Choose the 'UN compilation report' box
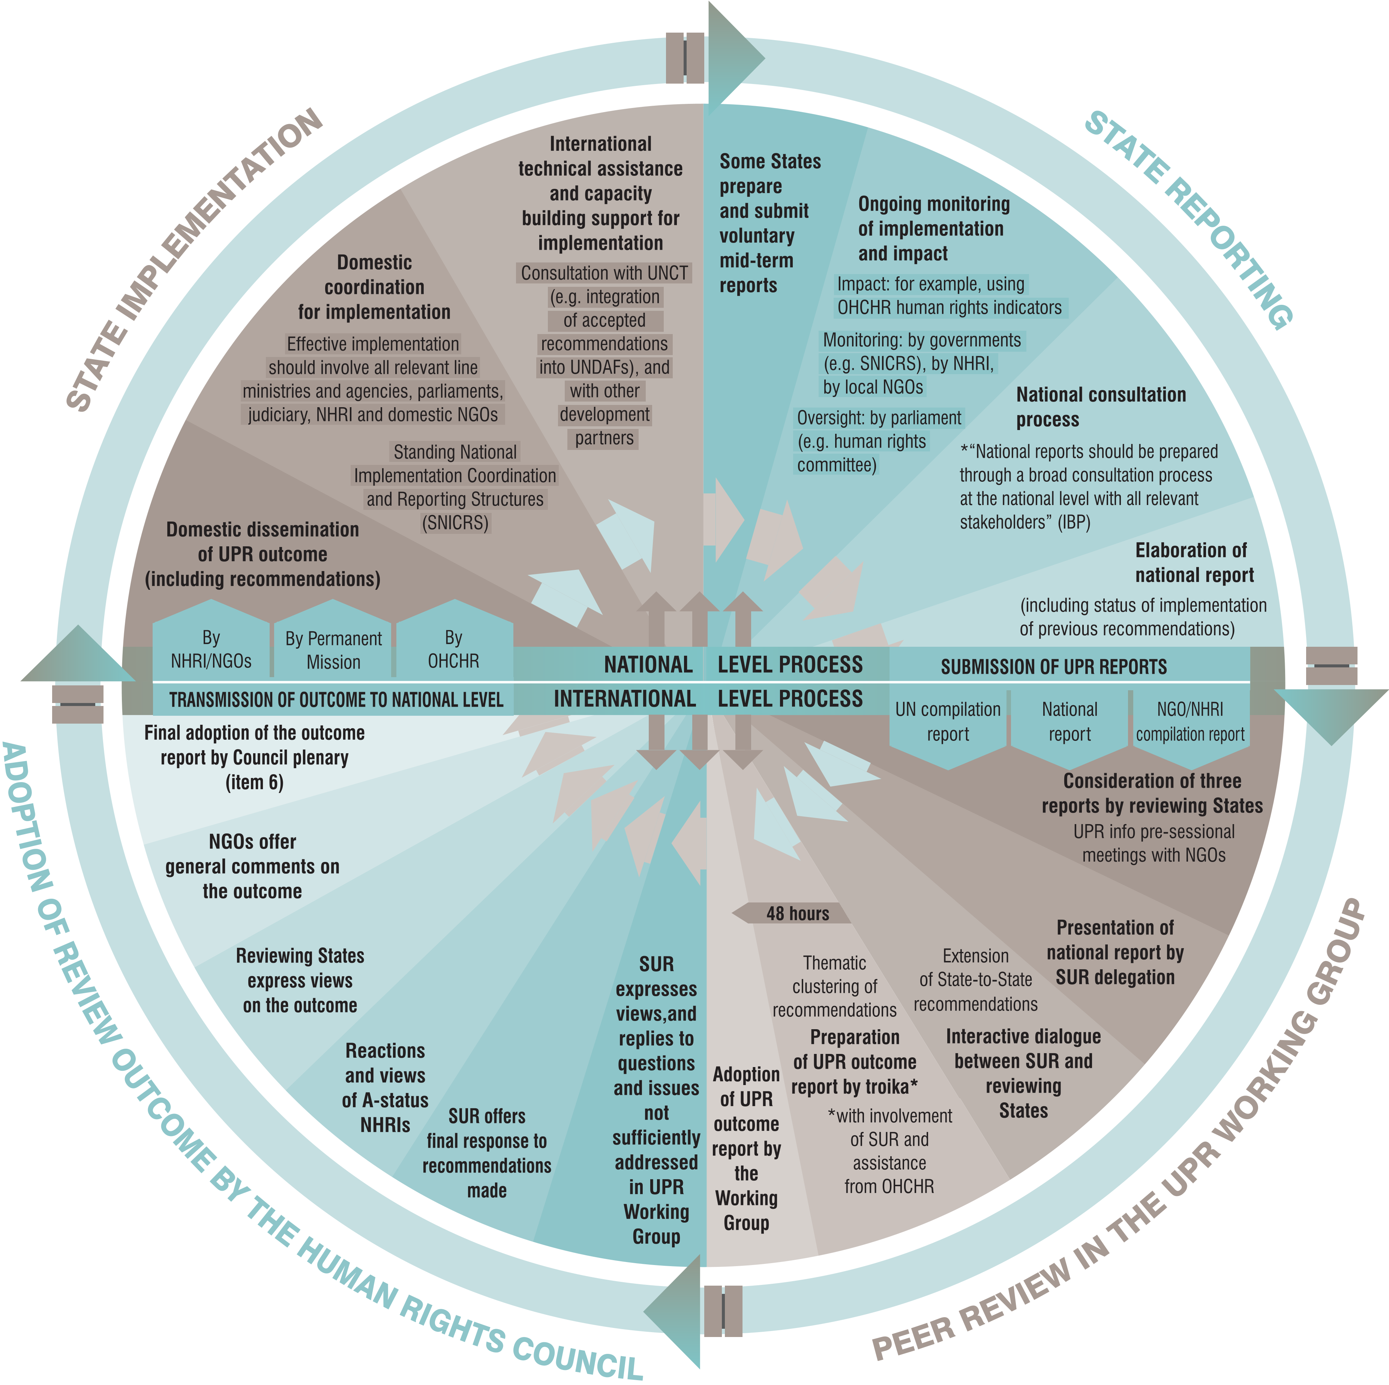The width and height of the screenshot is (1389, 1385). (948, 723)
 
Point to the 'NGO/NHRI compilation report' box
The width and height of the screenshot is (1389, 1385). (1190, 723)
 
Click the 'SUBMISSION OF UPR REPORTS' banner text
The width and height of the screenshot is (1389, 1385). (1054, 667)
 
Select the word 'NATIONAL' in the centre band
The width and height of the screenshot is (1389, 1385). (648, 665)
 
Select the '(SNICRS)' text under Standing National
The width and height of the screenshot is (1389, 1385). (455, 523)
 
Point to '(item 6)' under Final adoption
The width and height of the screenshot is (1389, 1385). (255, 782)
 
